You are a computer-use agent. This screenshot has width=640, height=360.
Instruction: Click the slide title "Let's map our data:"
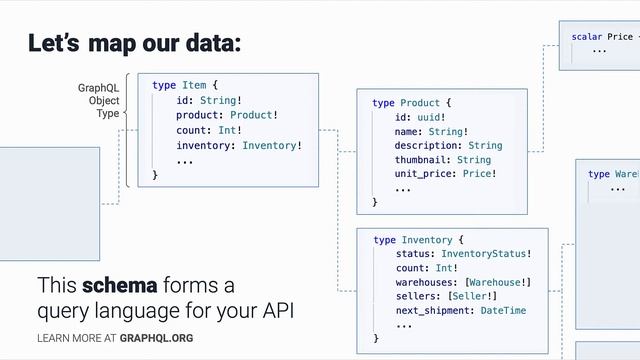[134, 44]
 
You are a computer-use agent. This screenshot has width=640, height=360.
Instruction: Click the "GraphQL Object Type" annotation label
[98, 101]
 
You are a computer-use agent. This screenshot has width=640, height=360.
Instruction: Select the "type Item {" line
[185, 86]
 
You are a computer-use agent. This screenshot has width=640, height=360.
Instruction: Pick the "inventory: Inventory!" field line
[239, 145]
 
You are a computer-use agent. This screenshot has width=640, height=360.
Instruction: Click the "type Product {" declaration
[412, 103]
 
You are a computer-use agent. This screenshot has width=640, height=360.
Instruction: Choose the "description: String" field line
[448, 146]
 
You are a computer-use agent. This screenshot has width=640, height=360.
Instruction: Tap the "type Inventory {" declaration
[418, 240]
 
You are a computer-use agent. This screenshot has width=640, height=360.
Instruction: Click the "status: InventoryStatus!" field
[463, 254]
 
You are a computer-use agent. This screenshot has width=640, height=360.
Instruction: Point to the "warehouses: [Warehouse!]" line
[463, 282]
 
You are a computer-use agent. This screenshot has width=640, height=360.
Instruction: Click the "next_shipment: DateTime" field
[460, 310]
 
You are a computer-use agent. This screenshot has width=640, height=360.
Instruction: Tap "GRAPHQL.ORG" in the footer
[156, 338]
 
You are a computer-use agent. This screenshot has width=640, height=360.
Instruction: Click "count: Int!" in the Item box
[209, 130]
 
